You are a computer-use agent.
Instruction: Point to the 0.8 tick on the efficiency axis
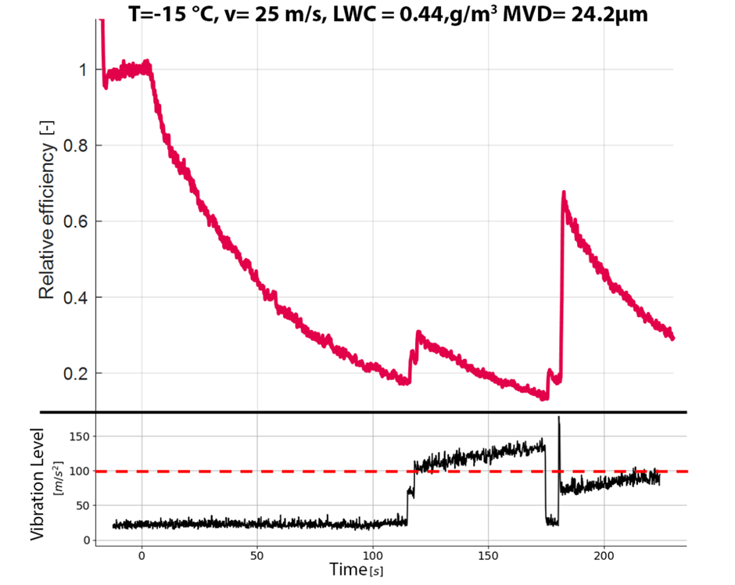[75, 145]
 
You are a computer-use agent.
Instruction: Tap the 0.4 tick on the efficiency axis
[75, 297]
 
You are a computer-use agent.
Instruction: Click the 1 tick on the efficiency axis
[81, 70]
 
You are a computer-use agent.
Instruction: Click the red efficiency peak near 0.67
[563, 192]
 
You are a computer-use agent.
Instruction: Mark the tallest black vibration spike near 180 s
[559, 418]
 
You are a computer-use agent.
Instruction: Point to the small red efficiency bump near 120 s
[418, 333]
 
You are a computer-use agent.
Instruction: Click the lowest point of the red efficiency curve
[544, 397]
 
